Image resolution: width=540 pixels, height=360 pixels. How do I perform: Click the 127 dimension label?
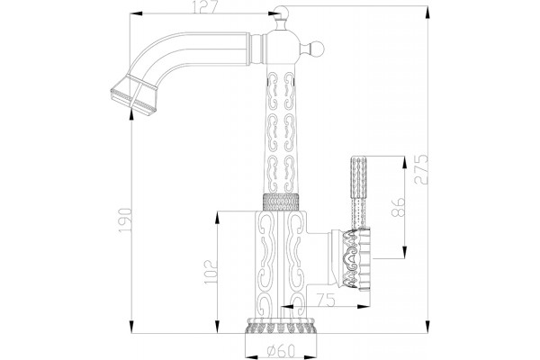pos(204,7)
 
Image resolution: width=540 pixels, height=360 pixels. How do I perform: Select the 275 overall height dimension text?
pos(421,169)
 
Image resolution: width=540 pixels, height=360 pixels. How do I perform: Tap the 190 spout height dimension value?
pos(125,220)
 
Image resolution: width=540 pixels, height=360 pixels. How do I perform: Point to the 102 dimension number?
pos(211,272)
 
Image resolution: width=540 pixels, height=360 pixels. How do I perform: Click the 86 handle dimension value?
pos(399,207)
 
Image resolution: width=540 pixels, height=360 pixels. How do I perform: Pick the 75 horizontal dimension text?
pos(326,301)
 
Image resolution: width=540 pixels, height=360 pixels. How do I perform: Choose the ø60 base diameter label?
pos(282,351)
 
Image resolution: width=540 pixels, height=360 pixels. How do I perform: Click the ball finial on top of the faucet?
pos(281,13)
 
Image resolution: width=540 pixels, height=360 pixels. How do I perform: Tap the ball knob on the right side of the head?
pos(317,49)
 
